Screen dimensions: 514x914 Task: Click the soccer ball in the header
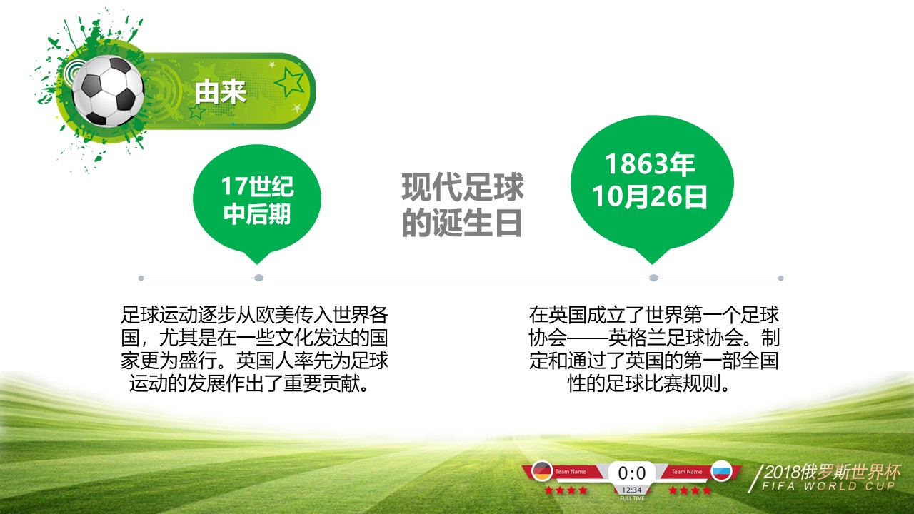109,91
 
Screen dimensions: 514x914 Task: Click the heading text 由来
221,91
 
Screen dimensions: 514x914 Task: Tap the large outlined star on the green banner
290,82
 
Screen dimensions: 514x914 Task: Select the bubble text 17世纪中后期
257,201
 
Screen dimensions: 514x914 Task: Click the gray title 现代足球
463,188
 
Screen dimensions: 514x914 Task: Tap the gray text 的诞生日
463,222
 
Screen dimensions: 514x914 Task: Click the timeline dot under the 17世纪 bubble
258,278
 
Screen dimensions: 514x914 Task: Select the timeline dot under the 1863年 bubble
653,278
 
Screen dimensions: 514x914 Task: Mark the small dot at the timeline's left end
141,278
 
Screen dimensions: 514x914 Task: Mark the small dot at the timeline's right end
780,278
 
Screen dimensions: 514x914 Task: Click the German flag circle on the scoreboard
543,471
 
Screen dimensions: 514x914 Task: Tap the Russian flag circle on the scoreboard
722,471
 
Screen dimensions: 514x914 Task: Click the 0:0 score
632,473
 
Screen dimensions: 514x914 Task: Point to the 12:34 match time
632,490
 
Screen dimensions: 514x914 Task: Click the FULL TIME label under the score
632,498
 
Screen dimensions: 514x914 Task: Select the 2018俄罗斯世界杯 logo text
832,472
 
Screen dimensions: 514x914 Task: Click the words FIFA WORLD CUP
828,487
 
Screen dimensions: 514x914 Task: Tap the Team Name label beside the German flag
571,472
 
